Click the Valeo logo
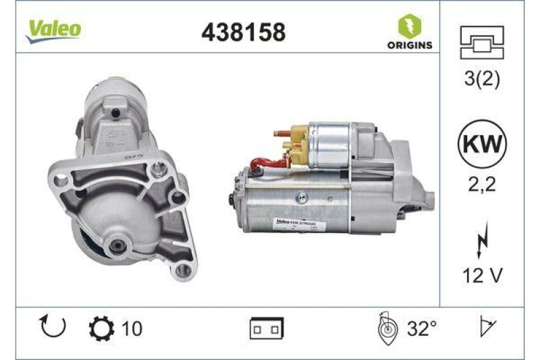54,29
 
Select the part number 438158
244,31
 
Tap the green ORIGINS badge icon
410,27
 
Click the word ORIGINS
410,46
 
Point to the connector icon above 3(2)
482,43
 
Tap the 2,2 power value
482,183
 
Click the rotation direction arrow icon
53,328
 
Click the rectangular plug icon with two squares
267,329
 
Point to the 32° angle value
423,329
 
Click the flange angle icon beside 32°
385,328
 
